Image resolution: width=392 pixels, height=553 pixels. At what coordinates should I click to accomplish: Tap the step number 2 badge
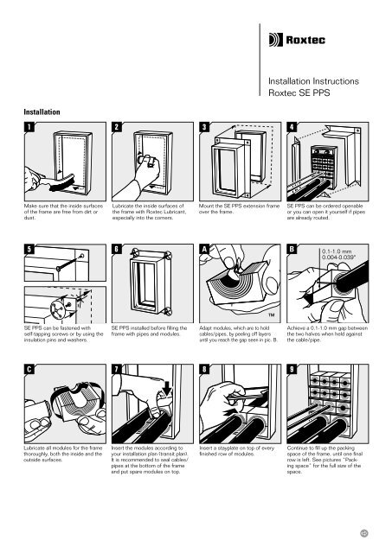click(106, 128)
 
